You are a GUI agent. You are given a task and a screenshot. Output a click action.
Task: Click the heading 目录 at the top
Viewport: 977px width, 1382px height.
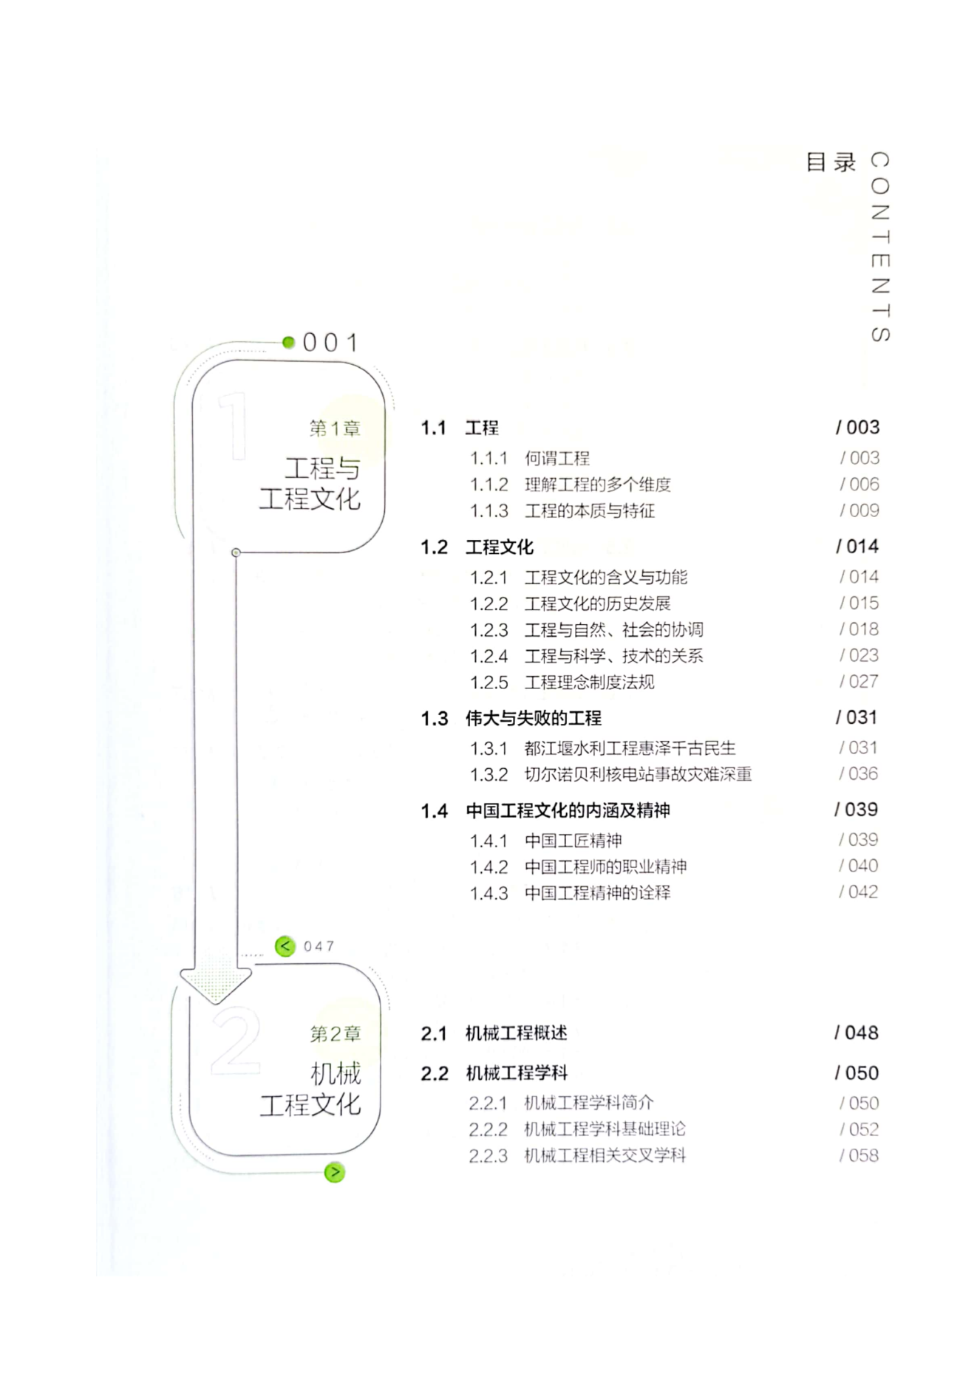point(830,162)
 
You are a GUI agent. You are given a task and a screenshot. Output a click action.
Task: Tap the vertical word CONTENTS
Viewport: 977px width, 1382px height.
point(879,247)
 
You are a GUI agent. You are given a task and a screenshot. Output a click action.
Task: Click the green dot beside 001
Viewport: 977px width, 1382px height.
point(288,342)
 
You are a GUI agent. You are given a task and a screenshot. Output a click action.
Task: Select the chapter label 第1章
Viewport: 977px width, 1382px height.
point(335,428)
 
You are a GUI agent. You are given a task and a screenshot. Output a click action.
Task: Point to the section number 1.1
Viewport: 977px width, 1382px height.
point(434,428)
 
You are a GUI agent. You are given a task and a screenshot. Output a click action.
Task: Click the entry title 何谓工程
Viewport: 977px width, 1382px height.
point(557,459)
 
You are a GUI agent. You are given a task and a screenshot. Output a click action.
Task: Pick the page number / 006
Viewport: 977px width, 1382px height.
point(859,485)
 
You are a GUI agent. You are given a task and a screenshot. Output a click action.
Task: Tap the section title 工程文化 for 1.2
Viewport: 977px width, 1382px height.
point(500,547)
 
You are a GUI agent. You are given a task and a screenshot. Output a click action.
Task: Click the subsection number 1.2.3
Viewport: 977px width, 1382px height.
point(489,630)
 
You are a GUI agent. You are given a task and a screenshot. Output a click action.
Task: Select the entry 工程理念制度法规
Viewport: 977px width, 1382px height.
point(590,683)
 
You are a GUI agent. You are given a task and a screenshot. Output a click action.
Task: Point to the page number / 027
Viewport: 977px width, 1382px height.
point(859,681)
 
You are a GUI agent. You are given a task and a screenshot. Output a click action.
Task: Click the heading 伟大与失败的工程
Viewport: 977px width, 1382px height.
point(534,718)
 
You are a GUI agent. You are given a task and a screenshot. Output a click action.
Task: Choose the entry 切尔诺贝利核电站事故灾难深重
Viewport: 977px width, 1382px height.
point(639,774)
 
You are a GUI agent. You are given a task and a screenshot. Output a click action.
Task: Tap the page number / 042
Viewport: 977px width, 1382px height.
point(858,892)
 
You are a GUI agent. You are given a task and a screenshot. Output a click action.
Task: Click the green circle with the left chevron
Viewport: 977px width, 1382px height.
point(285,946)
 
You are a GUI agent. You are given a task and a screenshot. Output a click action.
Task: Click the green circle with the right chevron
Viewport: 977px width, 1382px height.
point(335,1172)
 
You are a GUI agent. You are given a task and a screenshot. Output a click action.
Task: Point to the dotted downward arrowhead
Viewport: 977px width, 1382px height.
point(216,982)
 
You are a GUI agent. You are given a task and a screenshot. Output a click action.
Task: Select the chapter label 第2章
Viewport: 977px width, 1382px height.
point(336,1034)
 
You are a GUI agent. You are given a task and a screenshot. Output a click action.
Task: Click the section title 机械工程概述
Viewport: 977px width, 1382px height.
point(517,1033)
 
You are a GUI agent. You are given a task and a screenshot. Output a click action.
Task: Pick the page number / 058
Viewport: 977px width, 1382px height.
point(859,1155)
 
